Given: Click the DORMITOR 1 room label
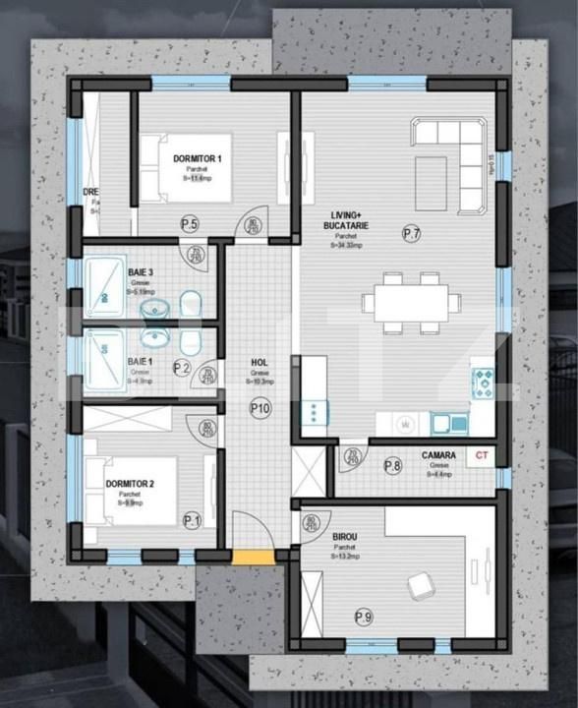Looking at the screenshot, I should point(198,158).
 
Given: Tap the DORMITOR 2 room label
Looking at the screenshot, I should point(130,484).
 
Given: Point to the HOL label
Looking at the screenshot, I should point(260,362).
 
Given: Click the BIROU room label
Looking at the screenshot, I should point(344,536).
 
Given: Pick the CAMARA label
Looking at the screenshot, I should point(437,455).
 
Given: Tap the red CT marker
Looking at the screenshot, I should point(481,454).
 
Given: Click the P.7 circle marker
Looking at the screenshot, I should point(412,233).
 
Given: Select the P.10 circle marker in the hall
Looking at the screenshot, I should point(260,407).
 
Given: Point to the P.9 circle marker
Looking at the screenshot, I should point(363,618).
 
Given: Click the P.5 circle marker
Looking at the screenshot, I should point(190,225).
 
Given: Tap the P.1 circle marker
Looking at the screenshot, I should point(191,520).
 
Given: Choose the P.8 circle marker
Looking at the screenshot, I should point(392,466).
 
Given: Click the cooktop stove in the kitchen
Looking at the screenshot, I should point(483,382).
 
